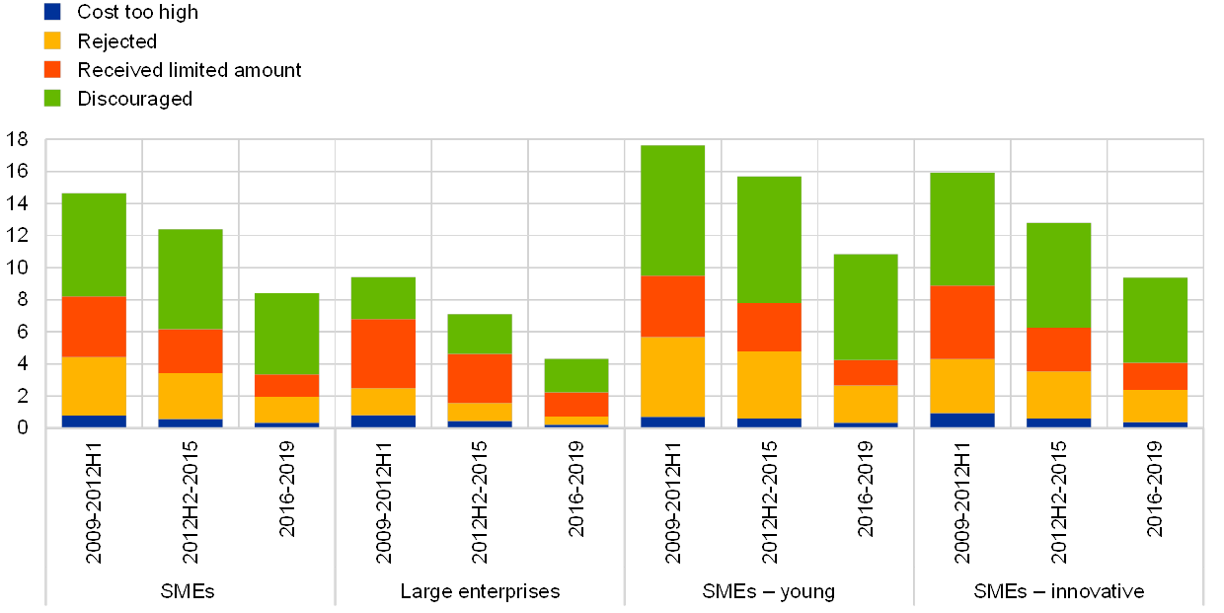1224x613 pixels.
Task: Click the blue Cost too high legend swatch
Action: pos(52,12)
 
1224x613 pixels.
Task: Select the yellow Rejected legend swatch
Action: pos(52,40)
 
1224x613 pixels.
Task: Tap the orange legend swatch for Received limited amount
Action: pos(52,69)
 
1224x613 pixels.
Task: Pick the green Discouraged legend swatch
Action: pos(52,98)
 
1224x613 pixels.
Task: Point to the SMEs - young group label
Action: pos(768,591)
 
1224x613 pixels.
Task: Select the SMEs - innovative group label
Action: pos(1059,591)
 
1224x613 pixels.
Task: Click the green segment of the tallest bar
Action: pos(672,210)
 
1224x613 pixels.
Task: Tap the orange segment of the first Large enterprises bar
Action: pos(383,353)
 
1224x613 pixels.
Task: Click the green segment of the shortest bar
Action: pos(576,375)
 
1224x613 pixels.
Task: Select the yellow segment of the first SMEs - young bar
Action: pos(672,377)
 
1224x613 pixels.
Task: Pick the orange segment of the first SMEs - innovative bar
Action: pos(961,322)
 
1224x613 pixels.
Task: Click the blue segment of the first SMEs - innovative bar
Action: pos(961,420)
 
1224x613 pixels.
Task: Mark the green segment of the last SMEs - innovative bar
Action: pos(1155,320)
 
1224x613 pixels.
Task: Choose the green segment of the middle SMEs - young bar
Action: pos(769,239)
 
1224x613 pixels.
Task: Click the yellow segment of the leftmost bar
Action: pos(94,386)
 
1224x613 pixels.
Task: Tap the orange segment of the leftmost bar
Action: pos(94,327)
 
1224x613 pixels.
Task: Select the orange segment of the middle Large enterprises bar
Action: pos(480,378)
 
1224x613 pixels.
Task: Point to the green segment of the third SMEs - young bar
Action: pos(866,307)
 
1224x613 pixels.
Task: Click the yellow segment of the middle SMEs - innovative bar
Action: pos(1058,395)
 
